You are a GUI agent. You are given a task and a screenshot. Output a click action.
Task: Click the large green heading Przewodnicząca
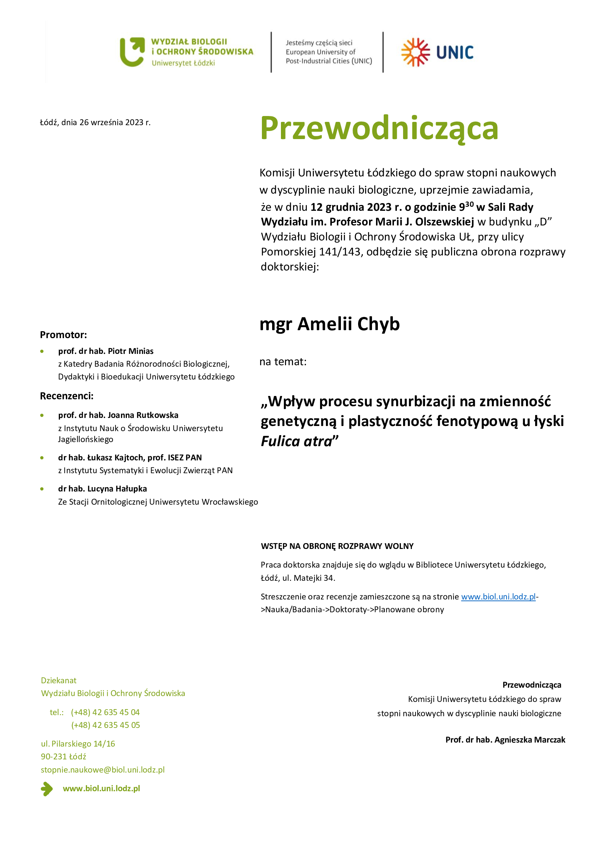point(379,128)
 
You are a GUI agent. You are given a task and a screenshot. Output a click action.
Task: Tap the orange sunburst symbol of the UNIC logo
point(415,52)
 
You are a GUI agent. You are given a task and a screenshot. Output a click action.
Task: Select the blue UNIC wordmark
point(455,53)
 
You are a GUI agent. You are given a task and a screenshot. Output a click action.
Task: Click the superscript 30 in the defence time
point(469,204)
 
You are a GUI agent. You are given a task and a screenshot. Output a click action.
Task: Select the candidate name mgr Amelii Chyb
point(329,324)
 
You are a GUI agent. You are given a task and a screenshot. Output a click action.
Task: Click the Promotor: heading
point(63,335)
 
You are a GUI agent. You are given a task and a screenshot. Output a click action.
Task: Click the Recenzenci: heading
point(67,396)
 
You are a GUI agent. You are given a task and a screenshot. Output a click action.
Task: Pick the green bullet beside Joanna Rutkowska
point(42,415)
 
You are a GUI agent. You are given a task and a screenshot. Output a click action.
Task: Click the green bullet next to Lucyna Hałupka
point(42,489)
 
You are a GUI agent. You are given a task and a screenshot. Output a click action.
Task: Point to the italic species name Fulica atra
point(296,441)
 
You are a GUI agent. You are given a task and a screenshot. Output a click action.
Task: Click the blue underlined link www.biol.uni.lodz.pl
point(498,597)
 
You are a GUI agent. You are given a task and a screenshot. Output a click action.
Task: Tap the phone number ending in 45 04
point(105,713)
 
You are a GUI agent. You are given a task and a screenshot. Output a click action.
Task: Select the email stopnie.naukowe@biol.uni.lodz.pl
point(102,770)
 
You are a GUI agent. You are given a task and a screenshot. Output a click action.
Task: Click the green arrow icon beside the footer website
point(47,789)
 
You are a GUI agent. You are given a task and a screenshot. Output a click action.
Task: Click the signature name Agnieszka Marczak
point(529,740)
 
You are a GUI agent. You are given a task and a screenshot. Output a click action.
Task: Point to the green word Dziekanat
point(59,681)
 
